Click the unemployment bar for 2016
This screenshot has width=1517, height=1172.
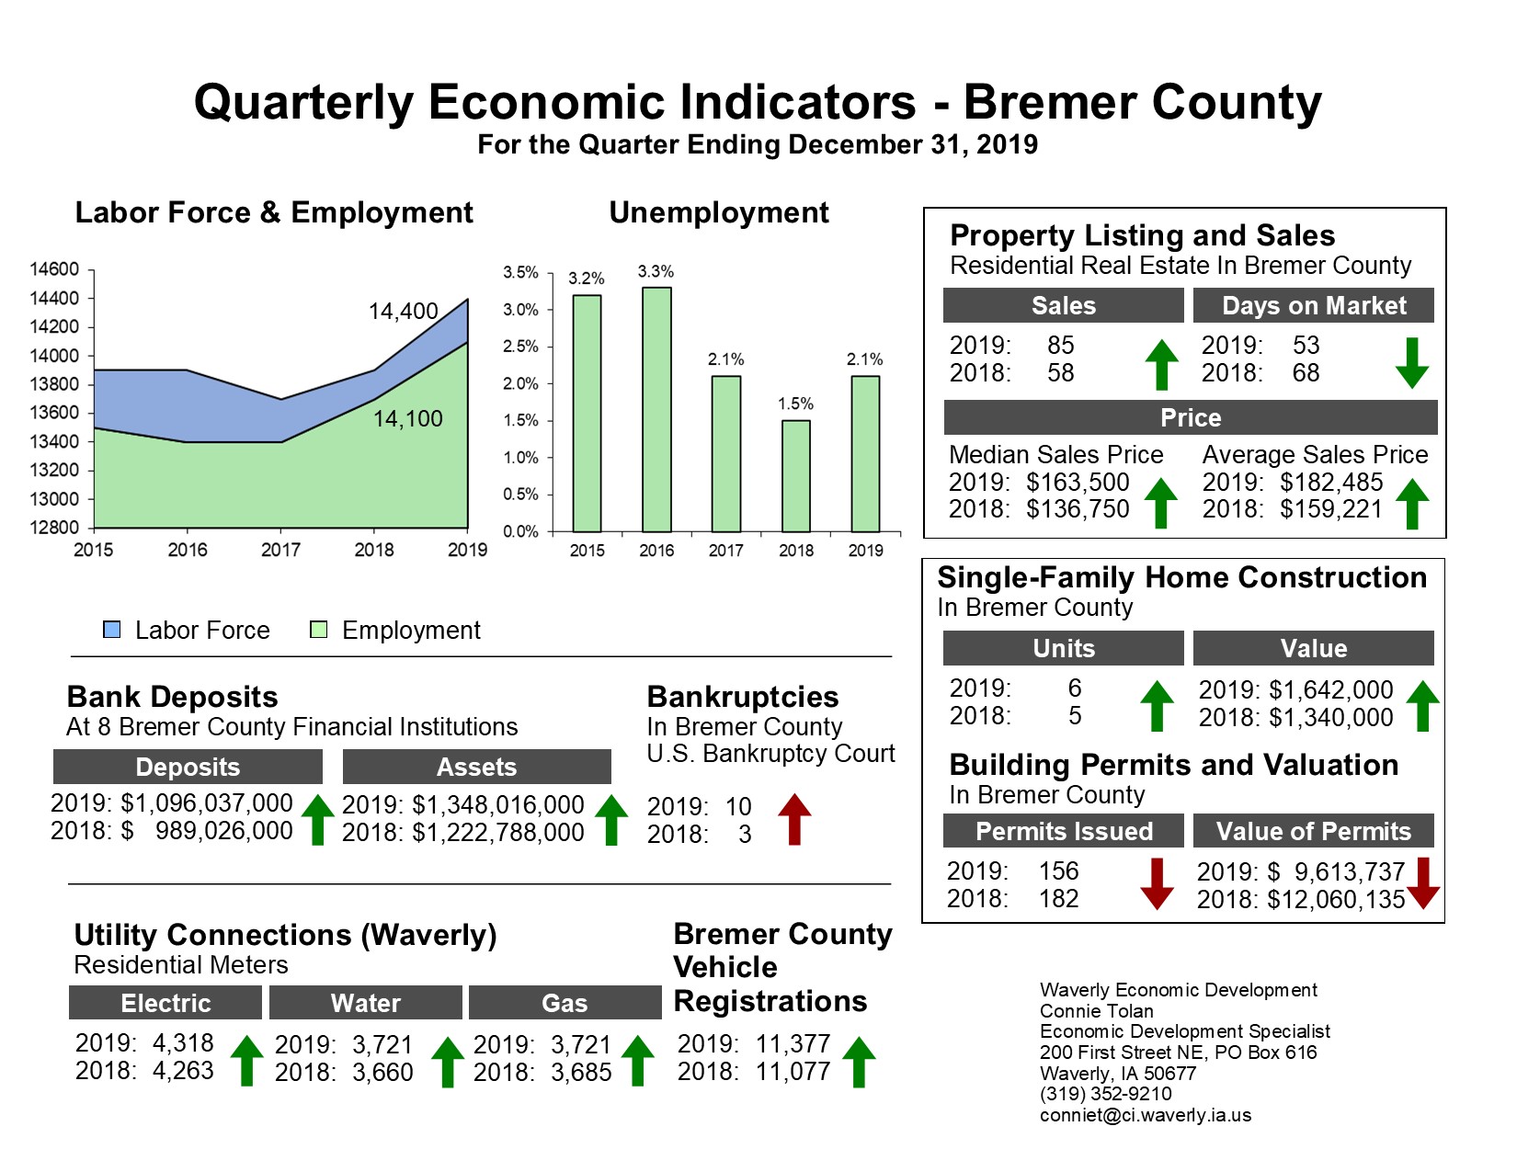point(656,410)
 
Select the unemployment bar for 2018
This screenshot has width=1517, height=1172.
point(795,476)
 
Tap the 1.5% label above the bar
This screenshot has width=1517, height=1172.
point(795,404)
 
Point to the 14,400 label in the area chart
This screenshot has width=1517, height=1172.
point(403,312)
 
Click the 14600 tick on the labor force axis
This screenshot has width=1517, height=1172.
point(54,269)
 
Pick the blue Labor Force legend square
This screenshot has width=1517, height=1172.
point(112,630)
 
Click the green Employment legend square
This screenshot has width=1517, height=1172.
point(319,630)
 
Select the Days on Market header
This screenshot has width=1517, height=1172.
point(1313,306)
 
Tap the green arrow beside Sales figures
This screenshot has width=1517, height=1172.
point(1161,364)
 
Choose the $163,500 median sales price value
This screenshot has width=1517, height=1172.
point(1078,483)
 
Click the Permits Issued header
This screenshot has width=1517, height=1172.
point(1064,832)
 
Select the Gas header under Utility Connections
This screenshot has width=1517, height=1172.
point(565,1003)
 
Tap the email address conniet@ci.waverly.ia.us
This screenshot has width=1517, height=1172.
point(1145,1115)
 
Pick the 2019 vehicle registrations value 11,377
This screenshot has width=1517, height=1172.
point(793,1044)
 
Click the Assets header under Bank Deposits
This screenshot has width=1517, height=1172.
point(476,767)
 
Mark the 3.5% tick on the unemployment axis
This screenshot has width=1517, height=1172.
point(520,273)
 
